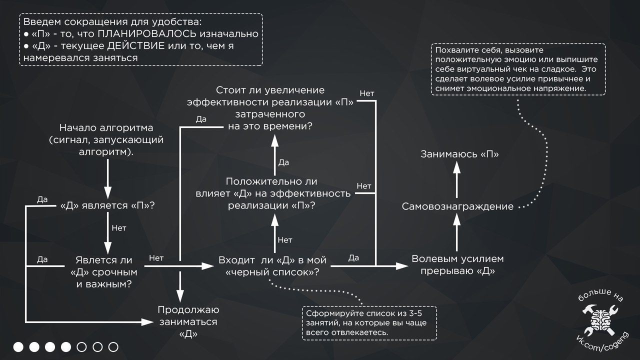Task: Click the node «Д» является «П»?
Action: (107, 206)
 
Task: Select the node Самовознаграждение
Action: (457, 206)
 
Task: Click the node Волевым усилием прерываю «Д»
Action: (457, 265)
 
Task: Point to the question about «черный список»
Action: (272, 266)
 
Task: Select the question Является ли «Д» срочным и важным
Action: (104, 272)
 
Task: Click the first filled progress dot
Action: (18, 347)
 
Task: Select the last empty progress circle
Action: (113, 347)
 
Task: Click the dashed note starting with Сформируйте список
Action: (369, 323)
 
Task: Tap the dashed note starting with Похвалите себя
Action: (517, 69)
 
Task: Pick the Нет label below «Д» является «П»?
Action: (118, 228)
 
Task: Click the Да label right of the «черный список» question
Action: (353, 258)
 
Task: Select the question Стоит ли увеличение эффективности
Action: (270, 108)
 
